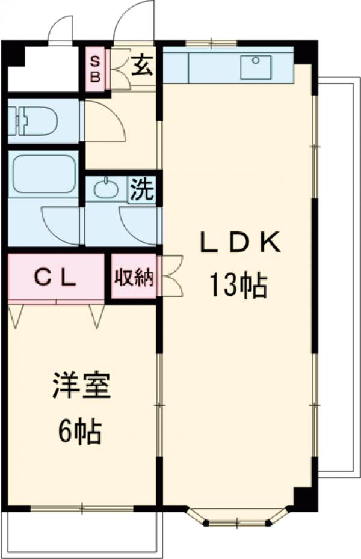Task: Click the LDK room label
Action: coord(239,243)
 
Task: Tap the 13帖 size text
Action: coord(238,284)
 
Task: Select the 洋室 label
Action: coord(81,385)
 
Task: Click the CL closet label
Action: coord(55,278)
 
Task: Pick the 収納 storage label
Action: coord(134,277)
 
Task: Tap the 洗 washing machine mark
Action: coord(142,189)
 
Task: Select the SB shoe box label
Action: coord(95,69)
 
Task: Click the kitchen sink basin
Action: coord(256,67)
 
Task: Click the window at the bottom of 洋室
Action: coord(82,508)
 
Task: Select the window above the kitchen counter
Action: coord(211,43)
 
